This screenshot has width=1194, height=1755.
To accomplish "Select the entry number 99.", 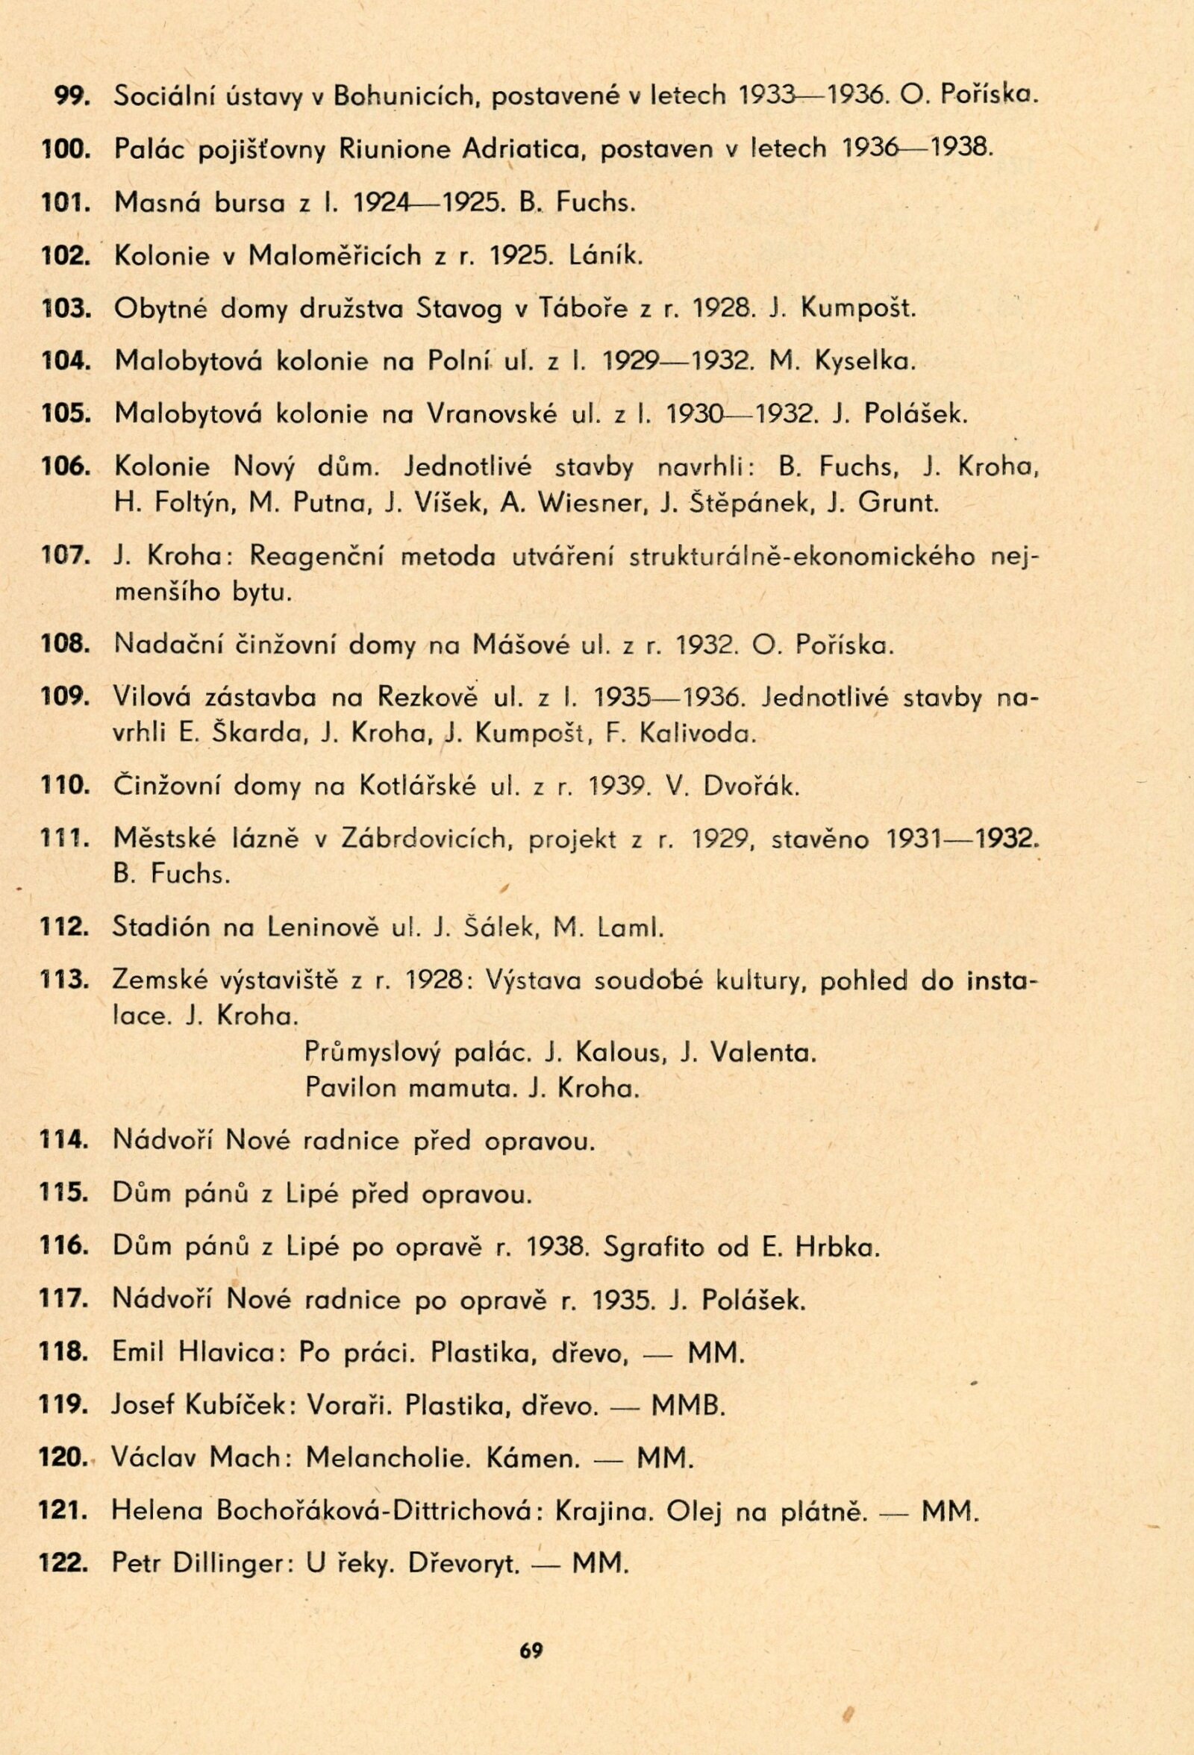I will (71, 96).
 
